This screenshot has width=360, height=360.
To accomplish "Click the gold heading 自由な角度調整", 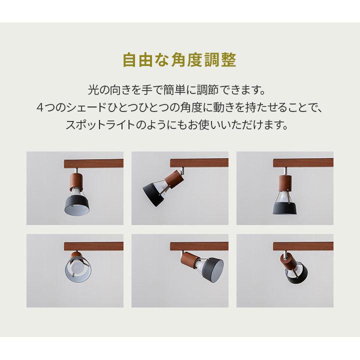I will pos(179,61).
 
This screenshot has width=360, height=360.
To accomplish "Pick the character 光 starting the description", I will pos(92,91).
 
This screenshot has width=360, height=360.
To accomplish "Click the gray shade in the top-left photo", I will pos(77,205).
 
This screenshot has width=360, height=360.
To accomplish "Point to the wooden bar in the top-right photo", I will pos(303,162).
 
